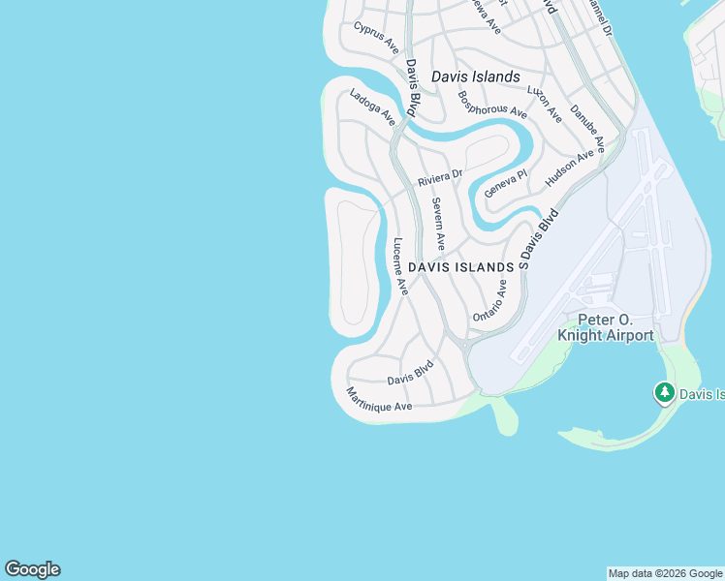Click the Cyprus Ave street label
click(x=376, y=37)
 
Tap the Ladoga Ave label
click(x=372, y=107)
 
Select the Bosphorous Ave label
click(x=491, y=105)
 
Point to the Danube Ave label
click(x=587, y=129)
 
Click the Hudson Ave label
click(x=569, y=168)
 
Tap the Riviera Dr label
click(x=441, y=179)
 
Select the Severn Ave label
click(x=439, y=224)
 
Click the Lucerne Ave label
click(x=399, y=265)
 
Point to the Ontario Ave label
click(x=489, y=301)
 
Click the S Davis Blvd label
click(x=539, y=238)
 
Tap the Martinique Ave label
click(x=379, y=399)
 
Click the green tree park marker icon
click(x=664, y=392)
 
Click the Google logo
click(x=32, y=569)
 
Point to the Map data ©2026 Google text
click(x=666, y=573)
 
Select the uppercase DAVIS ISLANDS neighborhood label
click(x=460, y=266)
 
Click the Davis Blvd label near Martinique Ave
click(x=409, y=373)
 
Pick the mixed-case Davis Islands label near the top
click(x=475, y=76)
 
